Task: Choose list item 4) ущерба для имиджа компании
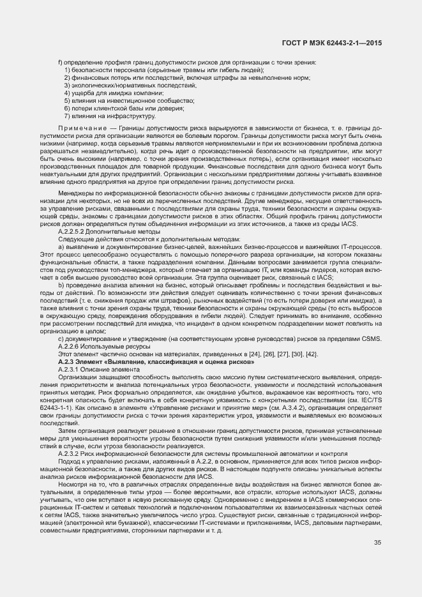coord(110,93)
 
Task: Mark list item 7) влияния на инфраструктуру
coord(106,116)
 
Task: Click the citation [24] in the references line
coord(251,354)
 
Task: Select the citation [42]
coord(312,354)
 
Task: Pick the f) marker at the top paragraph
coord(60,62)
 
